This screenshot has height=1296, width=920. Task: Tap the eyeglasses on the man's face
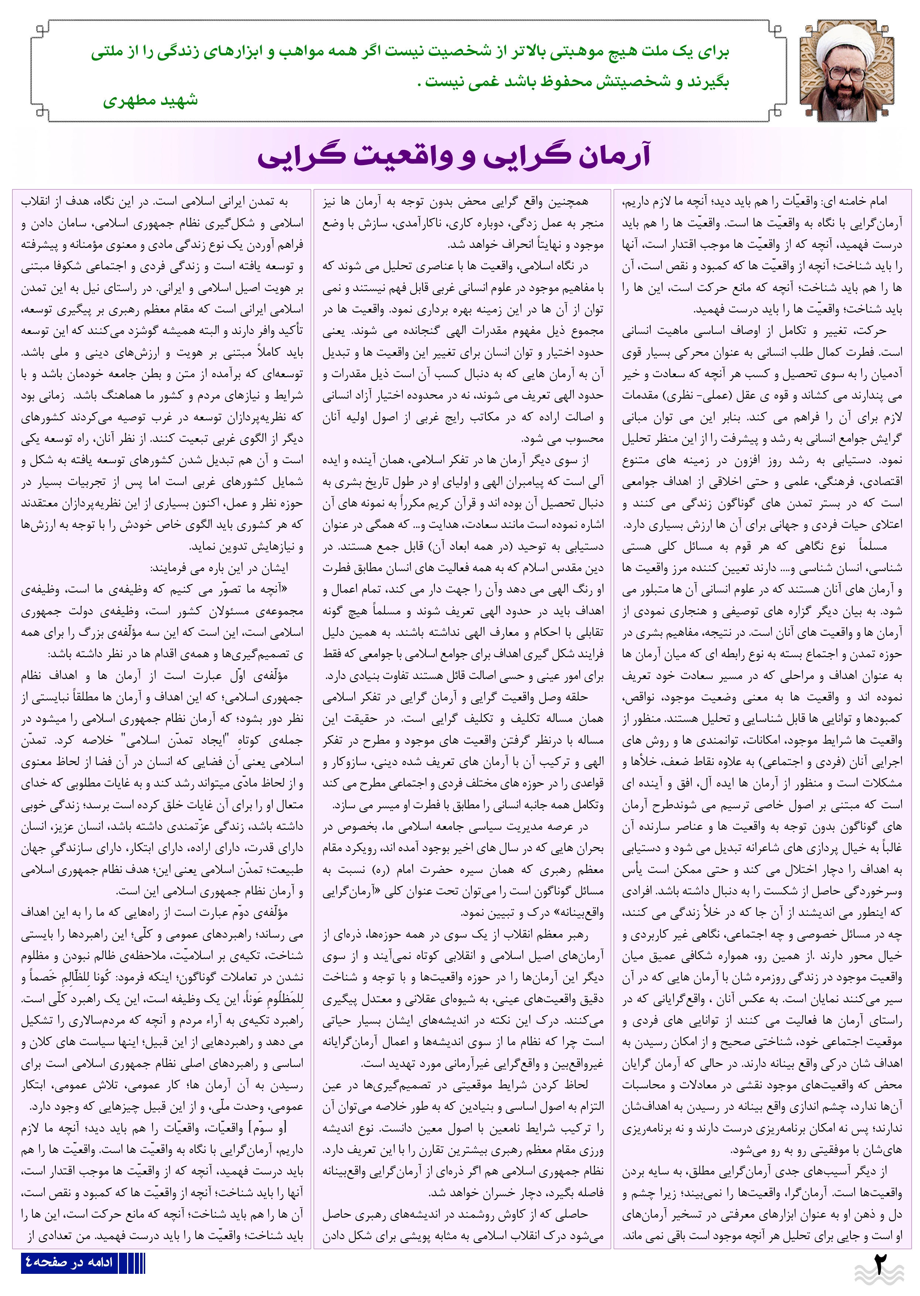pos(846,73)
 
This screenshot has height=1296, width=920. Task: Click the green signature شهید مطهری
pos(151,101)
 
